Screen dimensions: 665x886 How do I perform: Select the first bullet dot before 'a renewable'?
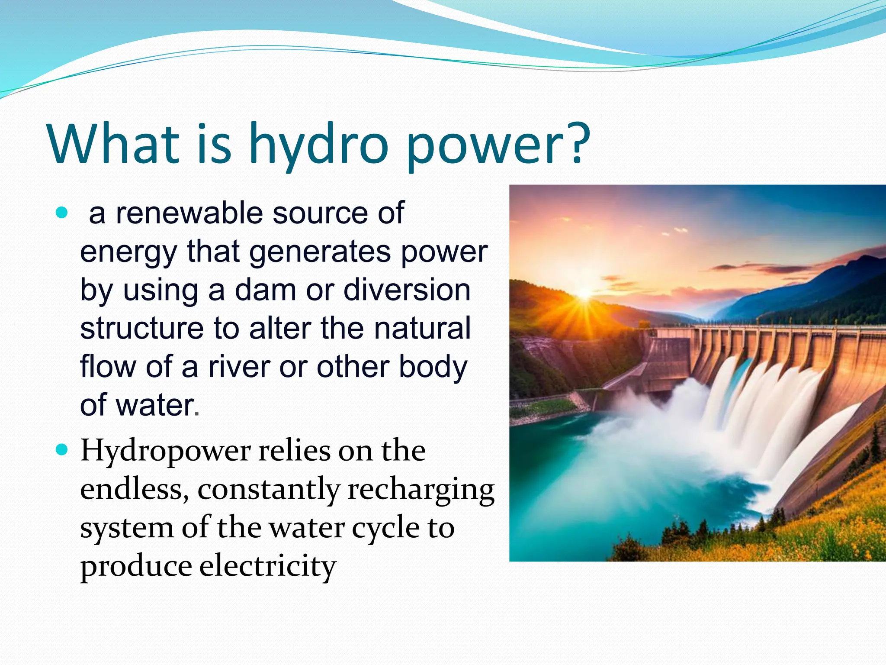click(62, 213)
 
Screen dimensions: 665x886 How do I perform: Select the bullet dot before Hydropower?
click(62, 450)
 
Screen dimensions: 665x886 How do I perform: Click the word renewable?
click(189, 213)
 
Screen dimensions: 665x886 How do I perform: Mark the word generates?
click(320, 252)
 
